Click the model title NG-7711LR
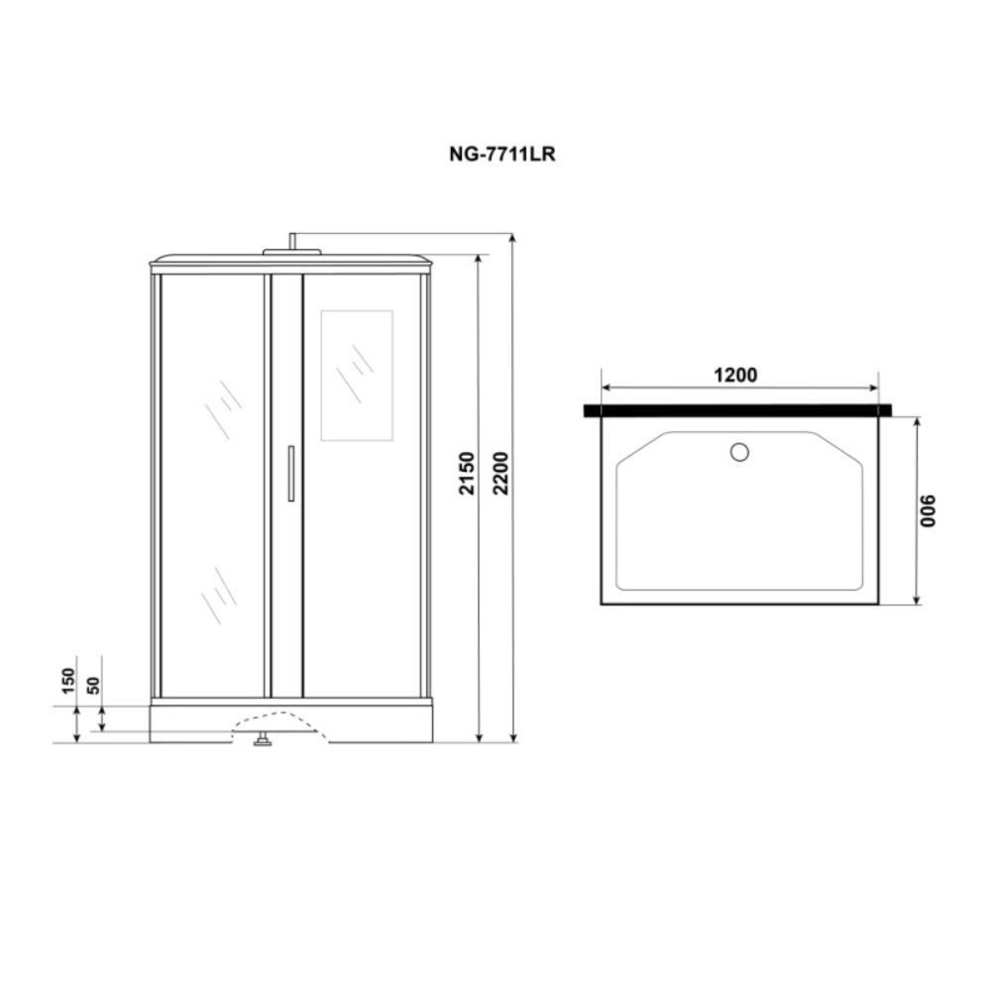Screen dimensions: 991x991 click(501, 155)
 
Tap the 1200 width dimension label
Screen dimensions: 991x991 click(735, 375)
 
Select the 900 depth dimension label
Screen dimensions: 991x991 click(928, 510)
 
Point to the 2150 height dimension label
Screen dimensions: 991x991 click(467, 473)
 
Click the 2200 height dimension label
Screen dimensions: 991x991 click(500, 473)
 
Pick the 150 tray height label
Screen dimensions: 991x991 click(68, 681)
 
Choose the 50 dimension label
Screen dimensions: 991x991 click(93, 685)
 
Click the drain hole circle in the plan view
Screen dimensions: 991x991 click(739, 452)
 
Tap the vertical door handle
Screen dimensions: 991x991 click(290, 474)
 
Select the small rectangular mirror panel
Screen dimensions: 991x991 click(357, 376)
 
